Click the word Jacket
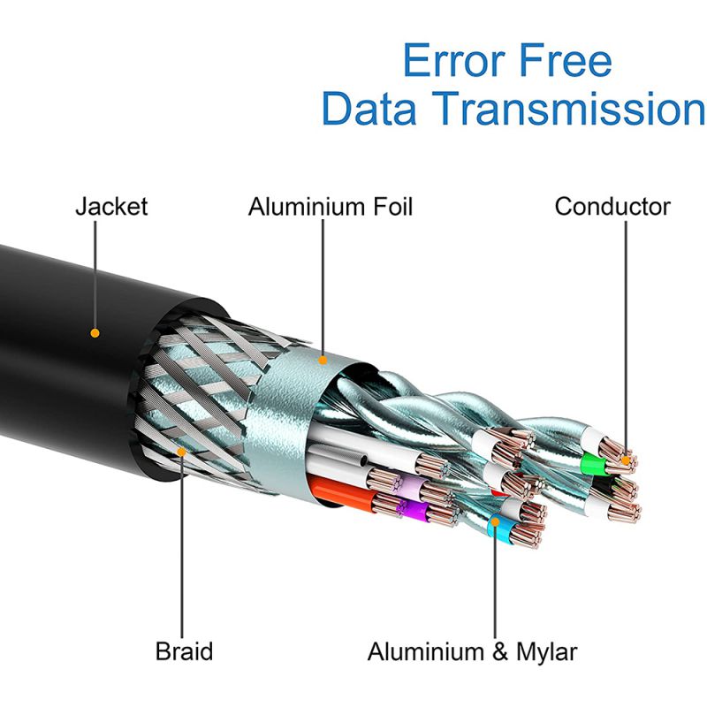click(111, 207)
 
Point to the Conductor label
click(612, 207)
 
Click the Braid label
click(184, 652)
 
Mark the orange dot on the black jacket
click(95, 334)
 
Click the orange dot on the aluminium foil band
click(323, 360)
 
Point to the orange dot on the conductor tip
click(626, 459)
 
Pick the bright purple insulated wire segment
click(410, 509)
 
